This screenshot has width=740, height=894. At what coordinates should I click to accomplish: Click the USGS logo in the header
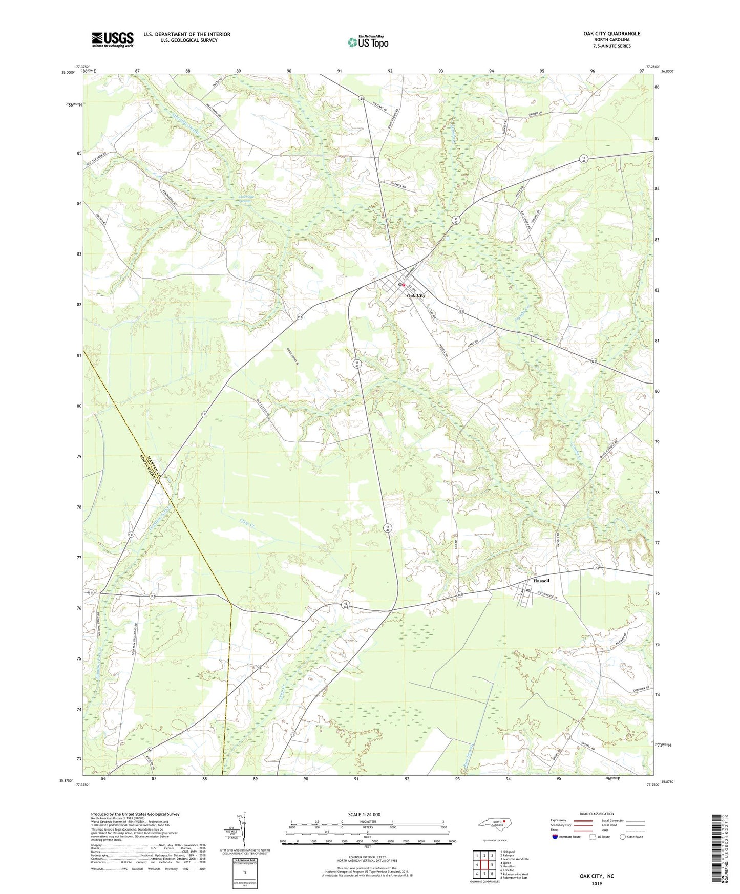[x=112, y=39]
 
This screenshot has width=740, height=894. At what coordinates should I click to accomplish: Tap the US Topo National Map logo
[x=368, y=42]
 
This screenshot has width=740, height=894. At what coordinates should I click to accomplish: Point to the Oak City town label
[x=416, y=296]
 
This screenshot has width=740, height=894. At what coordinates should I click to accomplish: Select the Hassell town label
[x=541, y=581]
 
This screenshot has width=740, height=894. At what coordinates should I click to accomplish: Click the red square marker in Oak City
[x=404, y=285]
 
